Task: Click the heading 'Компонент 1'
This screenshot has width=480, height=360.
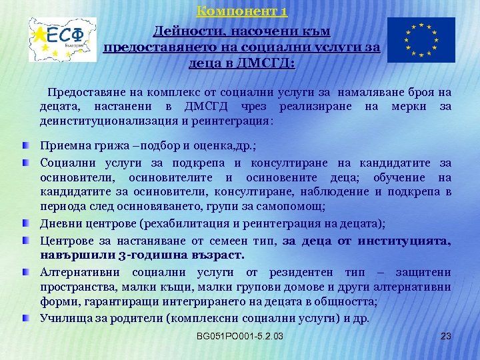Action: click(x=242, y=11)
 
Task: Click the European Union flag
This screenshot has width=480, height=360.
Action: click(x=421, y=39)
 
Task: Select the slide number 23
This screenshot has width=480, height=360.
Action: click(x=447, y=335)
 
